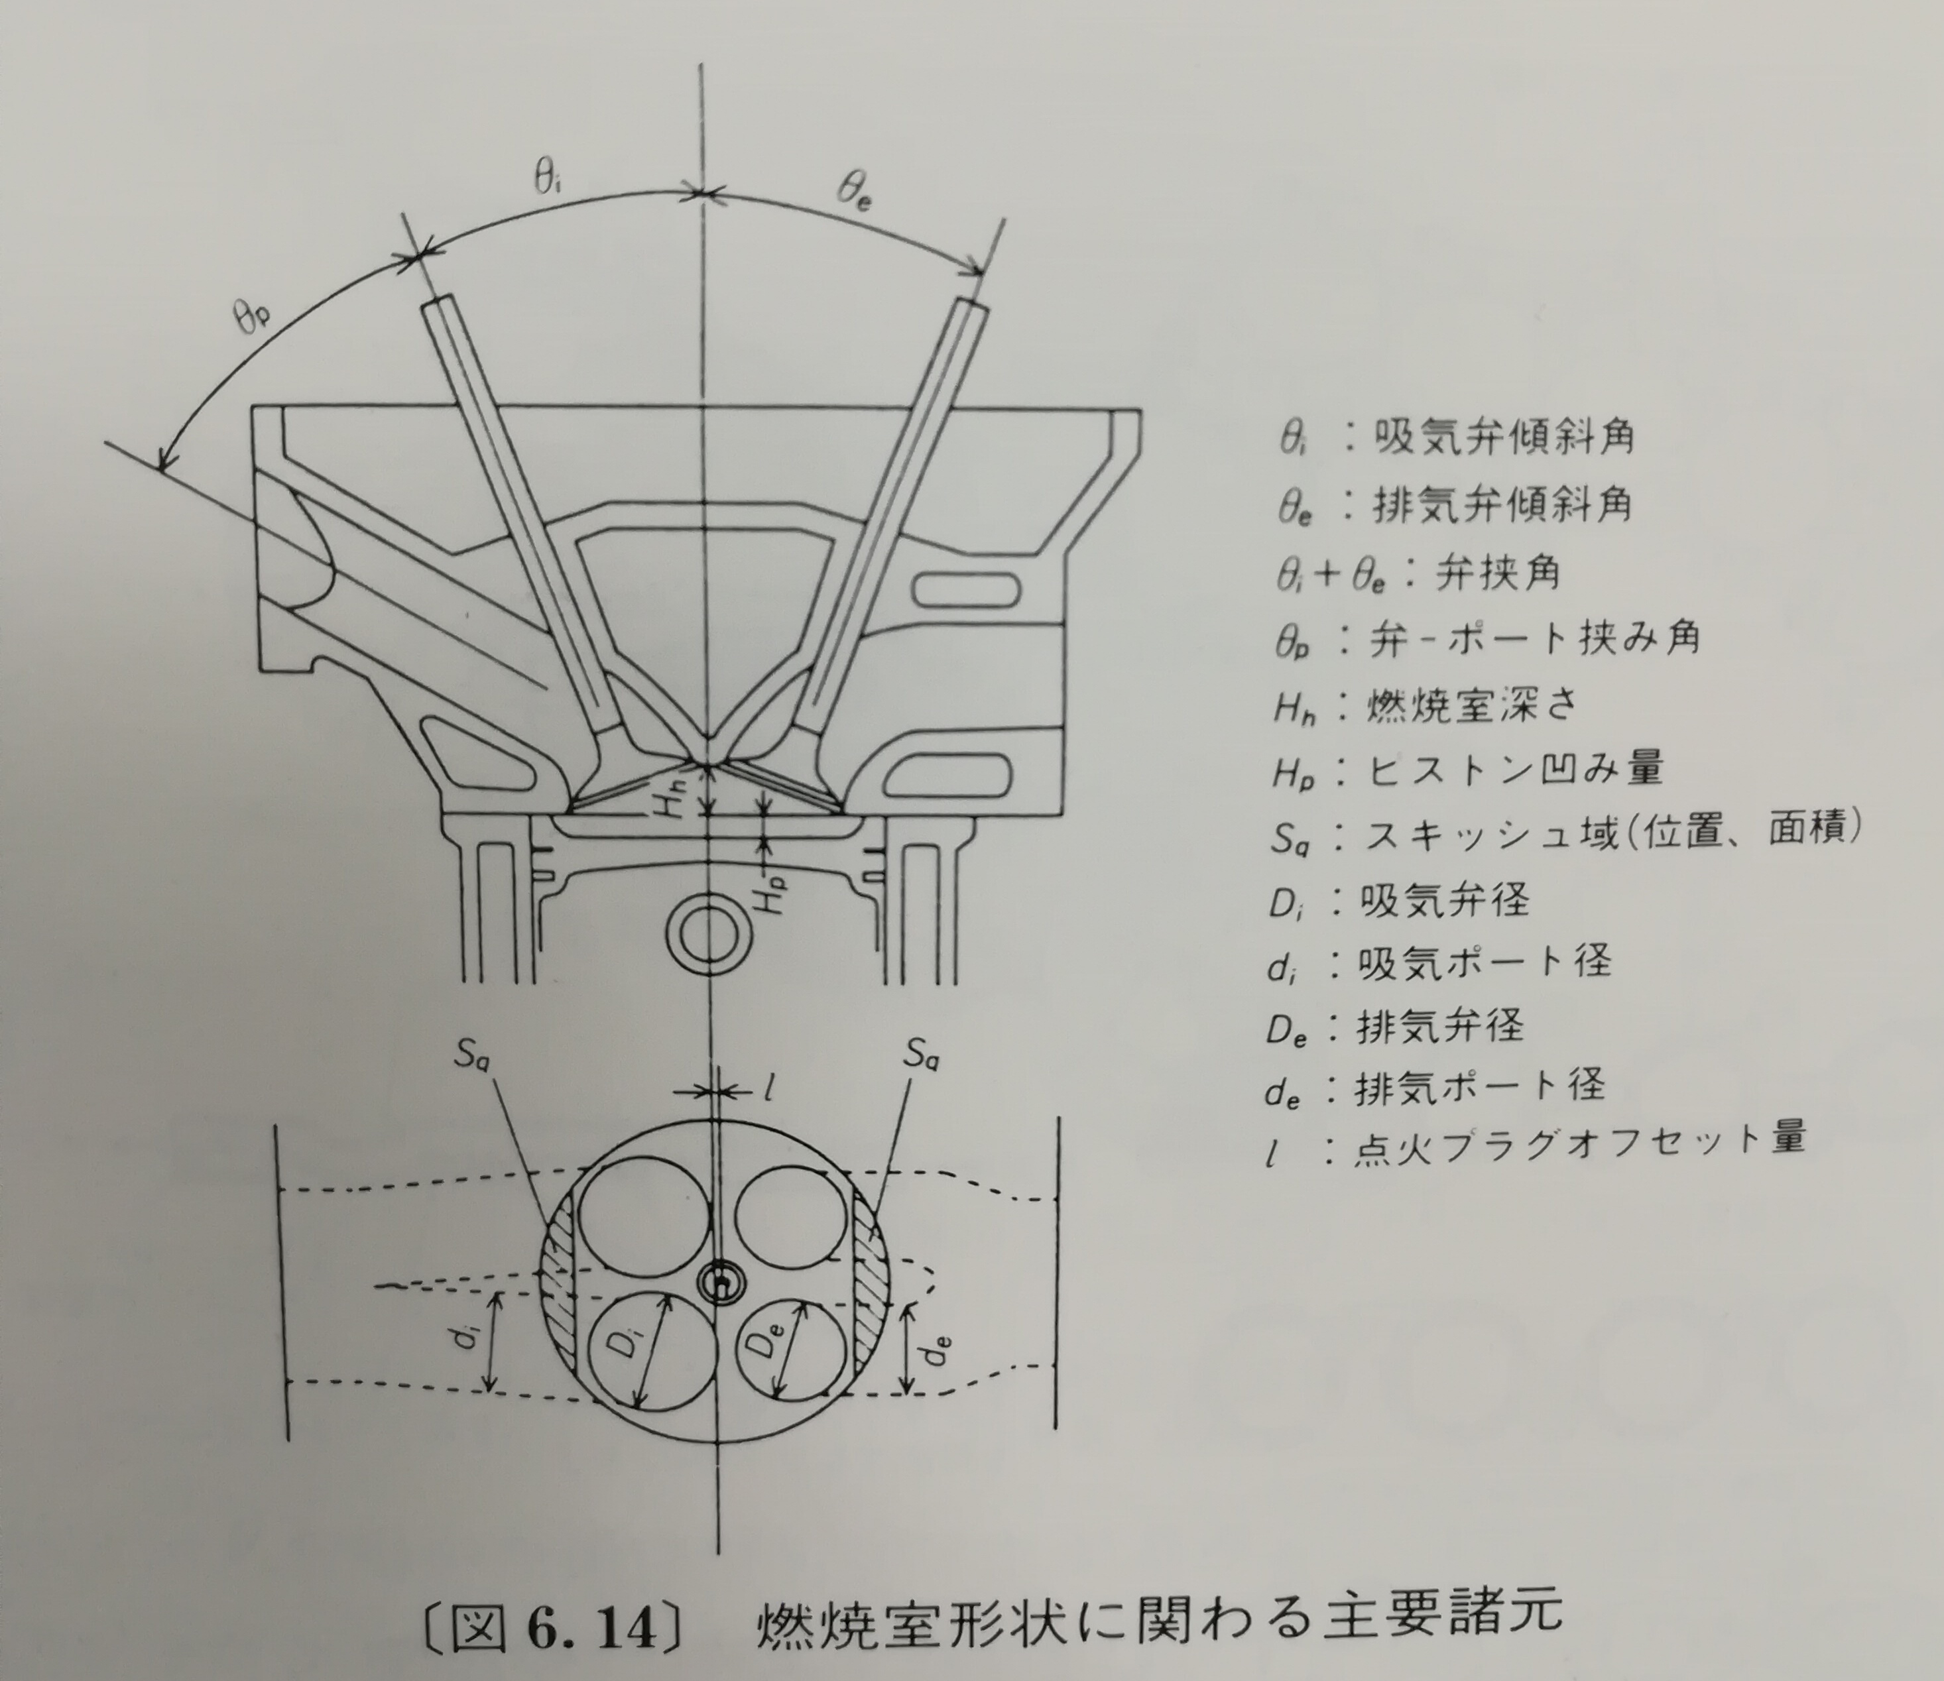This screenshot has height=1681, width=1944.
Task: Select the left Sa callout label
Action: (475, 1056)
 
